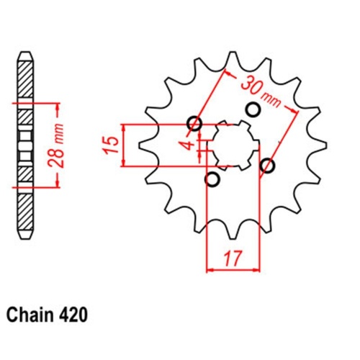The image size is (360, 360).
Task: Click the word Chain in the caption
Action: pyautogui.click(x=31, y=315)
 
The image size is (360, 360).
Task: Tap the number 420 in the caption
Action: pyautogui.click(x=75, y=315)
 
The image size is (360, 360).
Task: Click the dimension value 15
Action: pyautogui.click(x=109, y=144)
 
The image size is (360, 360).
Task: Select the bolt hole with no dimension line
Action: pyautogui.click(x=253, y=109)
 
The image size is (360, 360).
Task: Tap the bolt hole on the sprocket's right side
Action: pyautogui.click(x=268, y=166)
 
